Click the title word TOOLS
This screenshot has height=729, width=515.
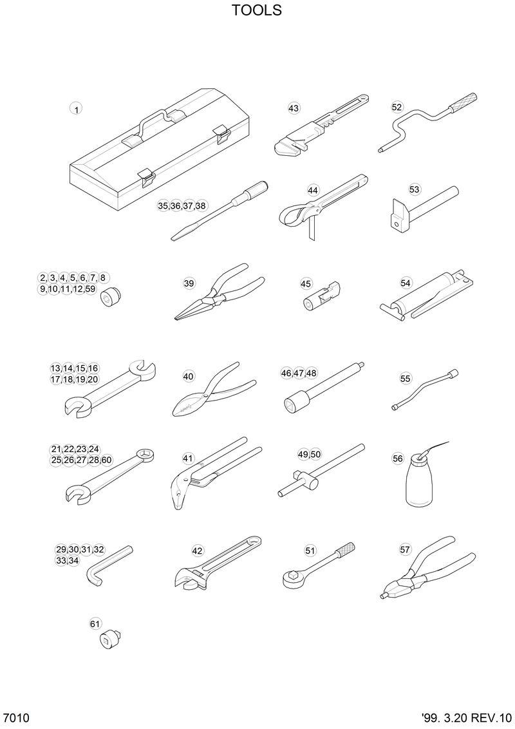257,11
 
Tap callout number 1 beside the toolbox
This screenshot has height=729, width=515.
76,109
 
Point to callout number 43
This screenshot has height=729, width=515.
294,108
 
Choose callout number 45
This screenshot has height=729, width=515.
306,283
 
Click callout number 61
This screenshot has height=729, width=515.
95,623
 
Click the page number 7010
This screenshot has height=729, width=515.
16,717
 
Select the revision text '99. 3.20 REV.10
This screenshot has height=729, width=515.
467,717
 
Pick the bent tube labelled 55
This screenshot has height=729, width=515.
425,390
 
